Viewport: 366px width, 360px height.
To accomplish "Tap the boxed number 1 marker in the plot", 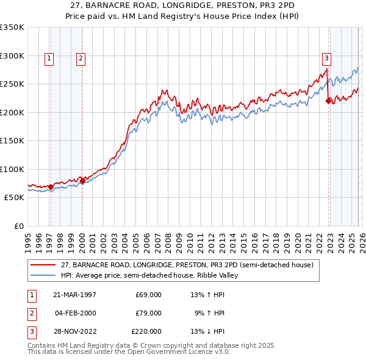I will tap(49, 59).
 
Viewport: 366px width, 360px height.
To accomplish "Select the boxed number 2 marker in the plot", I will tap(81, 59).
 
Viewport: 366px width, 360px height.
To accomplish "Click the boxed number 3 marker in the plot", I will tap(326, 59).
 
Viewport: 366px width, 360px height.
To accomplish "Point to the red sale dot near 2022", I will tap(328, 101).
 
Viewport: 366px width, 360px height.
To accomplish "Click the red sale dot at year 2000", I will tap(82, 181).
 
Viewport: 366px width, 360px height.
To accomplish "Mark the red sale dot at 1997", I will tap(51, 187).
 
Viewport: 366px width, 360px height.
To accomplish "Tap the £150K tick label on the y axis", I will tap(12, 141).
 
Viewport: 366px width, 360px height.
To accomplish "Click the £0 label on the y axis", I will tap(18, 226).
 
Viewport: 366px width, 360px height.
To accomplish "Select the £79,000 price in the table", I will tap(148, 313).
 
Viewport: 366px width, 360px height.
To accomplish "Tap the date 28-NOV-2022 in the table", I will tap(74, 331).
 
